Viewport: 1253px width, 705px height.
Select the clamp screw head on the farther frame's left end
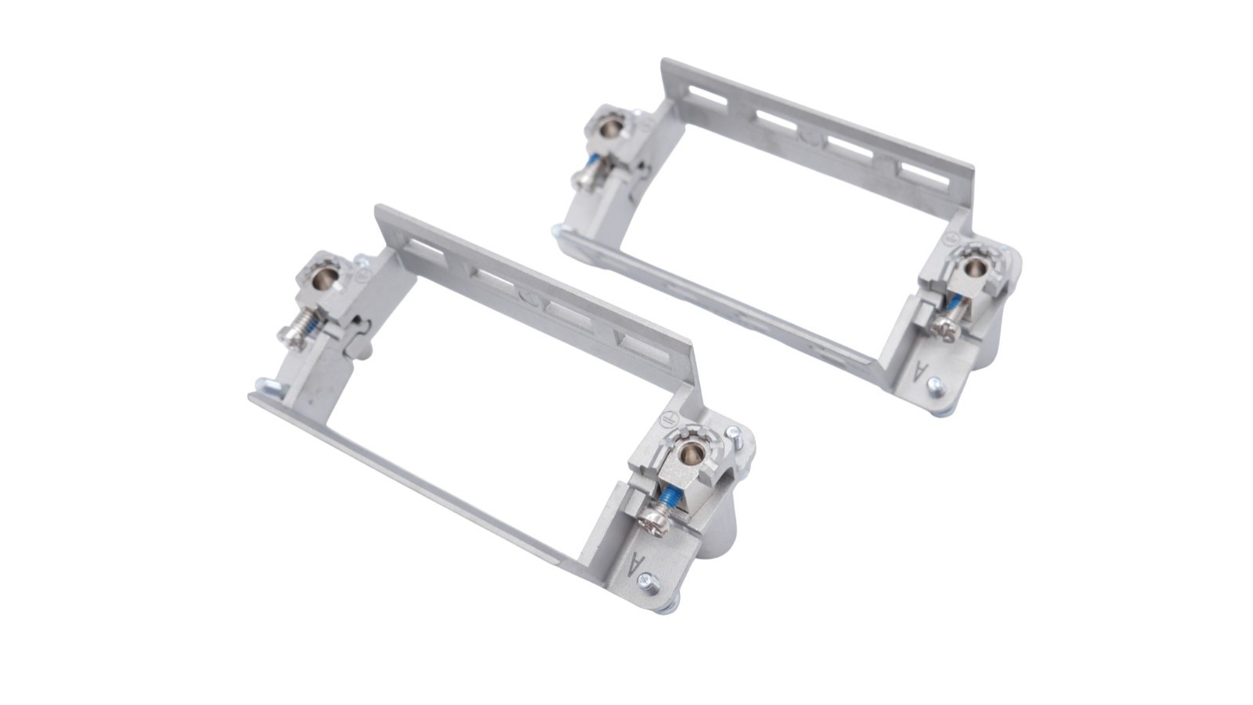581,179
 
